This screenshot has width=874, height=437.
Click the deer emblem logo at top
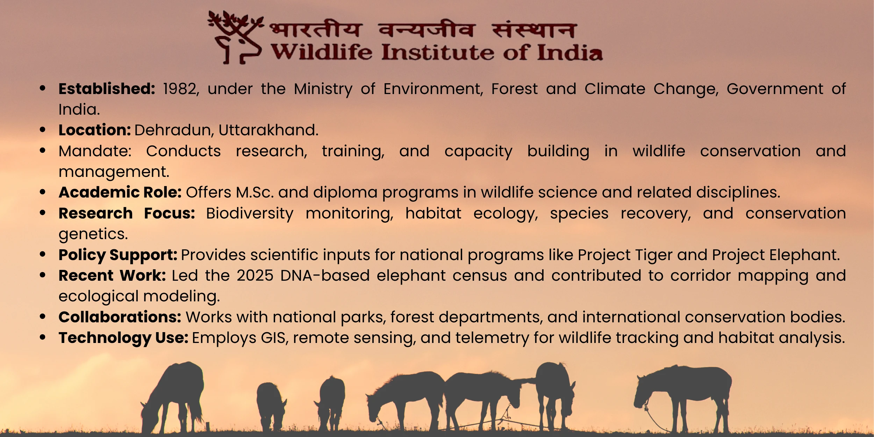[235, 37]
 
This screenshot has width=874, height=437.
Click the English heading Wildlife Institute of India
[437, 52]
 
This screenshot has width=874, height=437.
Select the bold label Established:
[107, 89]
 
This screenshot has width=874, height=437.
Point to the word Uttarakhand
[268, 130]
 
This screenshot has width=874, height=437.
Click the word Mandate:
[95, 151]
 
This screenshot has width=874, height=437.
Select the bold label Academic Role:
[120, 192]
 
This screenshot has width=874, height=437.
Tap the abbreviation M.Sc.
[255, 193]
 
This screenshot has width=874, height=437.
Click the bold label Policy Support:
[118, 255]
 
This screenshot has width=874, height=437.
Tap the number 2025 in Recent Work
[255, 276]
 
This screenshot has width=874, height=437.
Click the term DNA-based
[325, 276]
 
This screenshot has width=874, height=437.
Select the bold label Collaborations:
[120, 317]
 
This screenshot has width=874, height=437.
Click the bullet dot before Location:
[43, 130]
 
